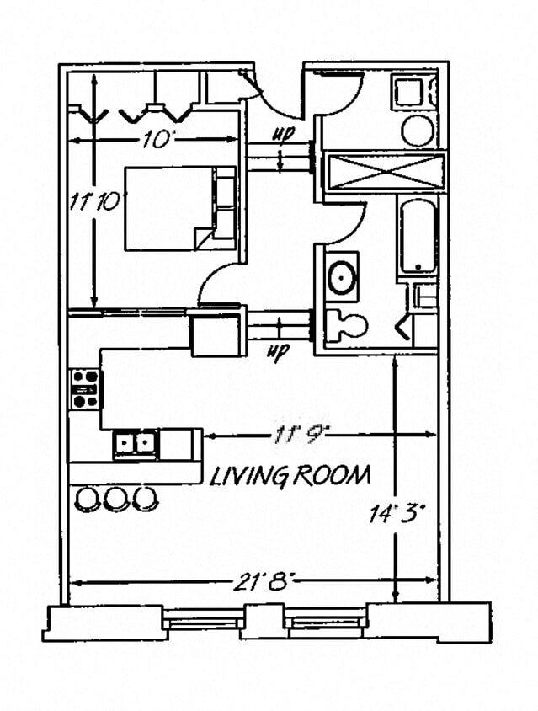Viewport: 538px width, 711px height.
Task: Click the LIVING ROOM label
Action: tap(290, 476)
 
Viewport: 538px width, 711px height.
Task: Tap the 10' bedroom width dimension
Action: tap(155, 141)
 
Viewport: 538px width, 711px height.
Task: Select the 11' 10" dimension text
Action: tap(96, 202)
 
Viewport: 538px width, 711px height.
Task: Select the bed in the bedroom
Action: tap(180, 208)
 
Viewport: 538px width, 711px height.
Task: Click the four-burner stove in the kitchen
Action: tap(84, 388)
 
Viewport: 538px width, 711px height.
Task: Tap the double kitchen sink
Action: tap(136, 443)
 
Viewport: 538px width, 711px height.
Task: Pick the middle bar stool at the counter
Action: tap(115, 498)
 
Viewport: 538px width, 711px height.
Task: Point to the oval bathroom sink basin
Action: tap(342, 277)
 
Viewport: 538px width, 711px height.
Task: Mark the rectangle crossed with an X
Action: tap(384, 174)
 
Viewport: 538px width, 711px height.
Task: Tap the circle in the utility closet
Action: tap(417, 131)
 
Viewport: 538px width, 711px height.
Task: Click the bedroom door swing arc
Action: tap(217, 278)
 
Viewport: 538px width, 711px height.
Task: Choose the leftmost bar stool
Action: tap(87, 499)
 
